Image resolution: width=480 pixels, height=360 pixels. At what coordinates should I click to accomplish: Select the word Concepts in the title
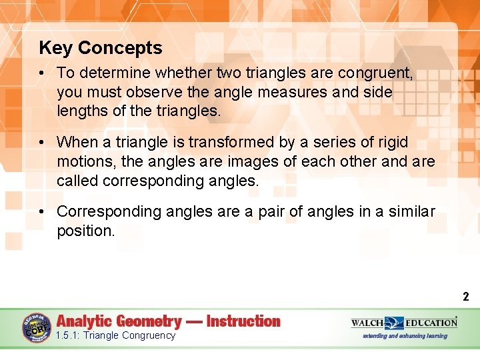(x=120, y=48)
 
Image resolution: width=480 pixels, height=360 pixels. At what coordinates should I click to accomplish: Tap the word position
(x=85, y=231)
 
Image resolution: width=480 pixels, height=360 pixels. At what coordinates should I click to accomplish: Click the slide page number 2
(x=466, y=297)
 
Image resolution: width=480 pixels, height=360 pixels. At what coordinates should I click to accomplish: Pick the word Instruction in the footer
(x=243, y=321)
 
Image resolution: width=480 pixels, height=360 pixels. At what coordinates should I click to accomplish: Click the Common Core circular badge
(x=37, y=329)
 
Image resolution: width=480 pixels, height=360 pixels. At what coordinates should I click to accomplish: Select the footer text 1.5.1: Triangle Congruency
(x=116, y=335)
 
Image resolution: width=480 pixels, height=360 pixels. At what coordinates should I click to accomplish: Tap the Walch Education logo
(x=404, y=323)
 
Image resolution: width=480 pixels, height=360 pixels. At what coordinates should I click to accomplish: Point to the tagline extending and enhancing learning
(x=405, y=335)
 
